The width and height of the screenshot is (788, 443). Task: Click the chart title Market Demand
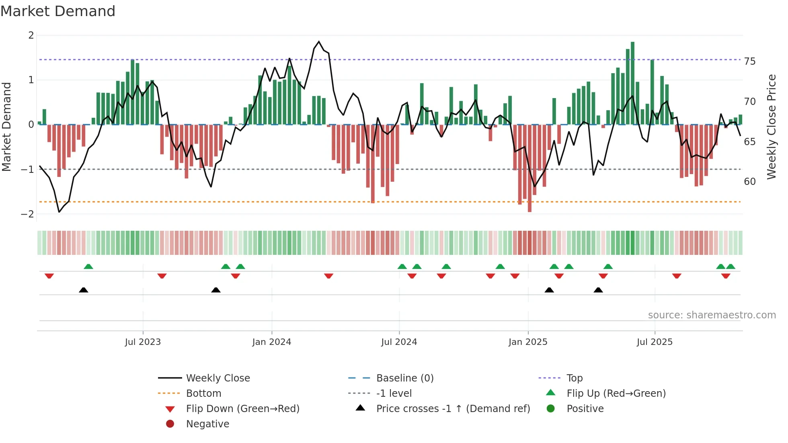58,11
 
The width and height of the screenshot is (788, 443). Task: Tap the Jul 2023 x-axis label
143,342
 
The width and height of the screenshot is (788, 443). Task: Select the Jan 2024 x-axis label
271,342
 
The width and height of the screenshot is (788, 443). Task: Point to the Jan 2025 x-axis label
527,342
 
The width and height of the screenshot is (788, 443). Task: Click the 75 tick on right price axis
749,62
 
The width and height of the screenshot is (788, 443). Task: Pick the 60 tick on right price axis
749,182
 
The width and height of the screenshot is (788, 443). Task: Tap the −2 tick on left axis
27,214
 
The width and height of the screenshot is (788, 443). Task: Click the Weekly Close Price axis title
771,127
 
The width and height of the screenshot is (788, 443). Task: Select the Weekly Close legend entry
218,378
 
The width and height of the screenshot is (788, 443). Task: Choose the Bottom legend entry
203,394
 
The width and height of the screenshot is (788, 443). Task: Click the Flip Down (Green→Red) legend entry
242,409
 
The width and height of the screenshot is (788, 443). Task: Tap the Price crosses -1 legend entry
453,409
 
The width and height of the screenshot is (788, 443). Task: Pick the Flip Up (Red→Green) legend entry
616,394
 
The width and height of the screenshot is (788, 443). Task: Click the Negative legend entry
207,424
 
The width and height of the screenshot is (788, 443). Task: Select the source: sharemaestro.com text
712,315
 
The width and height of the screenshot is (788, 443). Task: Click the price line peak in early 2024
319,41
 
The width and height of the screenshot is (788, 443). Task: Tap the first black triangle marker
83,290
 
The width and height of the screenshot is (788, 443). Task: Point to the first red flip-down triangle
49,276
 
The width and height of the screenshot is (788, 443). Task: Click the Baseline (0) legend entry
404,378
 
